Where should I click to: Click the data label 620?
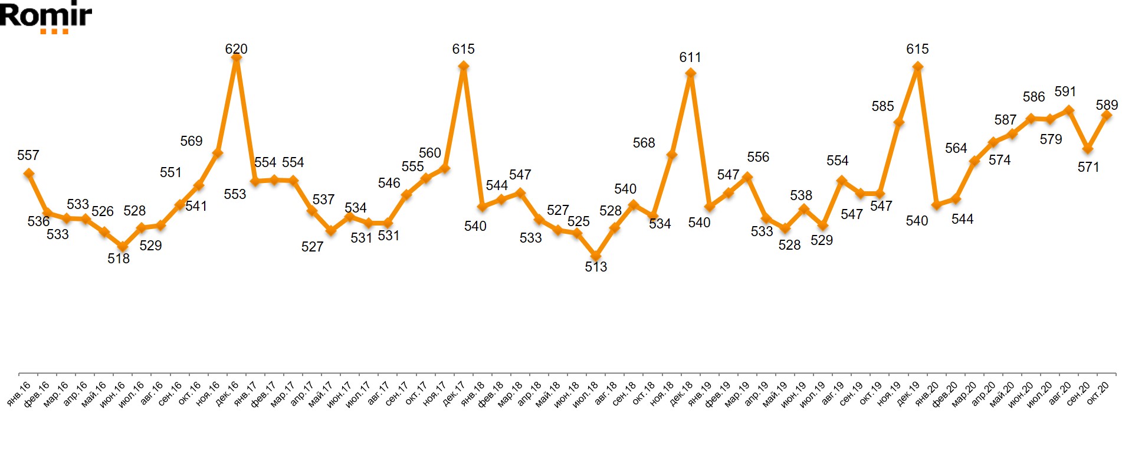[236, 49]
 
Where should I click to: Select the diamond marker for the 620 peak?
[236, 57]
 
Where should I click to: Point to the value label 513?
[596, 267]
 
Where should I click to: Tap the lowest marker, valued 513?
[596, 256]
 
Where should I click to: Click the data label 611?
[690, 57]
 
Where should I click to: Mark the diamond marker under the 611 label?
[690, 73]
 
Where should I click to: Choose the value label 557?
[28, 155]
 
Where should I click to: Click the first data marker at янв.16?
[28, 173]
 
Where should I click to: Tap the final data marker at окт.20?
[1106, 116]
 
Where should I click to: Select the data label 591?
[1065, 92]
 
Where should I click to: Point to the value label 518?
[119, 259]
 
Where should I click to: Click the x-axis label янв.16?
[19, 394]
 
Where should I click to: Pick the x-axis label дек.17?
[454, 394]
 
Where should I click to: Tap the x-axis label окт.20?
[1098, 394]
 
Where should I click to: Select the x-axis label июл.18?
[586, 394]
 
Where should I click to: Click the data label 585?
[882, 106]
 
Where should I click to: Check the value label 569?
[191, 141]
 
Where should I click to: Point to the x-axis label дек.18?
[681, 394]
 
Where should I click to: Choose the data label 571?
[1088, 167]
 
